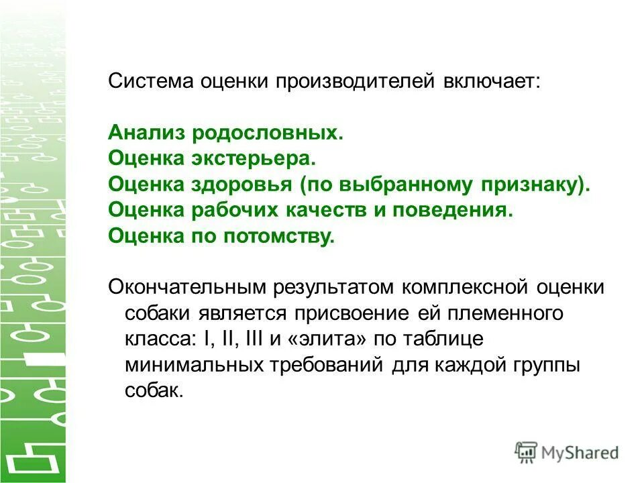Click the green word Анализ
146,133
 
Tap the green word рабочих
244,210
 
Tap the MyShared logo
567,452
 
